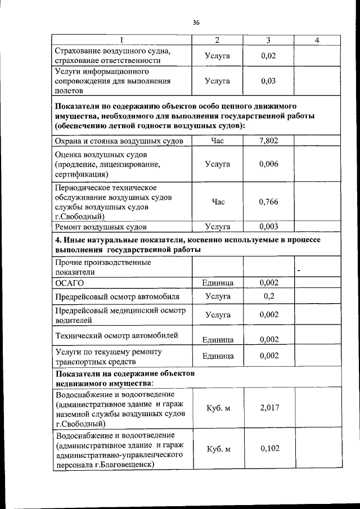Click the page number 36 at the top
tap(196, 22)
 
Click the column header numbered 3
tap(268, 40)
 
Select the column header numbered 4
tap(317, 40)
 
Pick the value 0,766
tap(269, 202)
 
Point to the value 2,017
tap(269, 408)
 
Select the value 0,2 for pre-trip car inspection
tap(269, 296)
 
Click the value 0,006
tap(269, 164)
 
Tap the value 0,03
tap(269, 81)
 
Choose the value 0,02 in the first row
tap(269, 56)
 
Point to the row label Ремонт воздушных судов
tap(101, 227)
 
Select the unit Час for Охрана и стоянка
tap(218, 141)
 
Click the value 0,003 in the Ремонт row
tap(269, 227)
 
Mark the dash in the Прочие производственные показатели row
tap(299, 272)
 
